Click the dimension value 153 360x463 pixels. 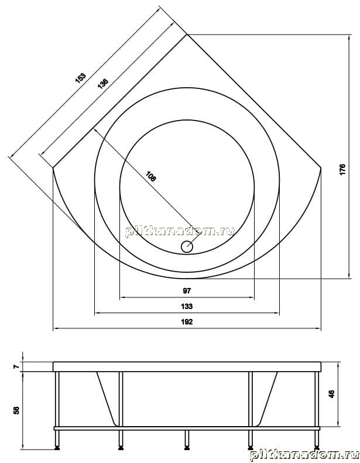coord(81,78)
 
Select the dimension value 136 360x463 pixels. coord(103,84)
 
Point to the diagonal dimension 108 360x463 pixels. coord(150,177)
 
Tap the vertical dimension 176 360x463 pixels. coord(342,170)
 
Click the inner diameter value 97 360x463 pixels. coord(187,291)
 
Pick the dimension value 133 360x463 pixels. coord(187,306)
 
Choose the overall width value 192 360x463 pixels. coord(187,321)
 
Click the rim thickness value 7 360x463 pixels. coord(16,366)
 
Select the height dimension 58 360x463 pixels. coord(16,410)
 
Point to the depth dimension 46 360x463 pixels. coord(332,394)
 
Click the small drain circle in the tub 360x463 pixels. coord(187,246)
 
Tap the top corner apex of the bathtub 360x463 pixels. coord(187,35)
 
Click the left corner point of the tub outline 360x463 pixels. coord(53,168)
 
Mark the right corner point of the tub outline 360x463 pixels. coord(321,168)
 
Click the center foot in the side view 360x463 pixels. coord(187,440)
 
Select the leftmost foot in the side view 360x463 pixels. coord(57,440)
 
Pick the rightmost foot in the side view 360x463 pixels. coord(317,440)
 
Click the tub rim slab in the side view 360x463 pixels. coord(187,366)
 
